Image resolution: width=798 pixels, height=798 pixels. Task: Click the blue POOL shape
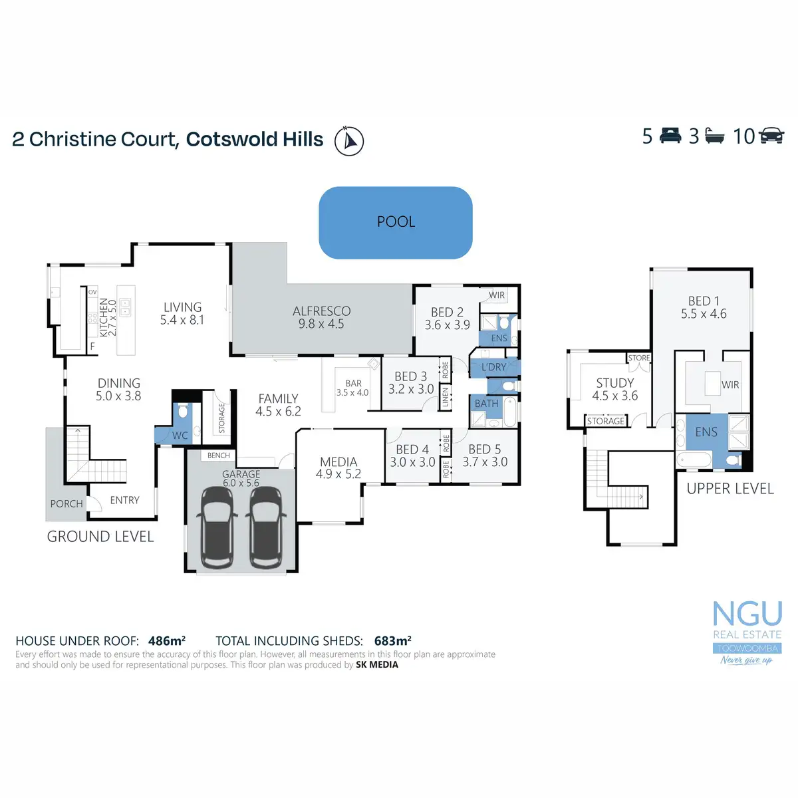(x=396, y=223)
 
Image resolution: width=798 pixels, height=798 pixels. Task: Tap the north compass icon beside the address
(x=348, y=140)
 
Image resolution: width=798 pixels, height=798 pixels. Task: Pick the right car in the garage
(x=267, y=527)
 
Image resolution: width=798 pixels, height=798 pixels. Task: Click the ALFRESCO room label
(x=322, y=311)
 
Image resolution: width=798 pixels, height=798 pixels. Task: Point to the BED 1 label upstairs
(x=704, y=301)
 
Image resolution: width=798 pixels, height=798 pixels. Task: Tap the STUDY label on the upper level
(x=615, y=383)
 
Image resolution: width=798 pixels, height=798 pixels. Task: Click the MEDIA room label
(x=338, y=462)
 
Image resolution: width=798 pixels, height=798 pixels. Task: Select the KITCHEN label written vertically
(x=104, y=317)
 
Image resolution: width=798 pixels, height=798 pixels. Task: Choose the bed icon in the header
(x=670, y=136)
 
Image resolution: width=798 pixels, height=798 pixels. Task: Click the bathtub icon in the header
(x=714, y=136)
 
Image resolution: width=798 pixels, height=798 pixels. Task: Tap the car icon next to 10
(x=771, y=136)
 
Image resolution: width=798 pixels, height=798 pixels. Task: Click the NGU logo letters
(x=747, y=613)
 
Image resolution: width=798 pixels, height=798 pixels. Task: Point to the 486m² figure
(x=167, y=641)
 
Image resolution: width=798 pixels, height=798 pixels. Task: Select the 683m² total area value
(x=393, y=641)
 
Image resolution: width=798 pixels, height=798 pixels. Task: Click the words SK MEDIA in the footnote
(x=377, y=664)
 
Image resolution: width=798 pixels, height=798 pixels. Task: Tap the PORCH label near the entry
(x=66, y=504)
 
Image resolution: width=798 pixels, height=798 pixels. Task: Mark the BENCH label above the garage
(x=219, y=456)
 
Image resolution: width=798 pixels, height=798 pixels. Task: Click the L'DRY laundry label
(x=493, y=367)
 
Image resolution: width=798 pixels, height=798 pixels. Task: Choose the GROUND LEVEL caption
(x=100, y=537)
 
